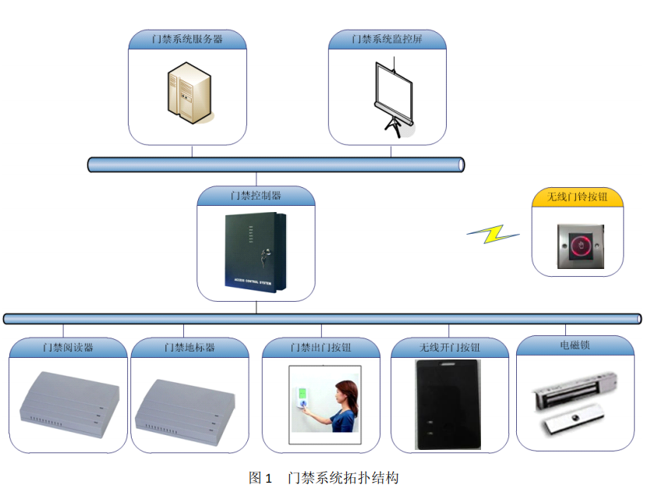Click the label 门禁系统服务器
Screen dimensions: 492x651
coord(187,38)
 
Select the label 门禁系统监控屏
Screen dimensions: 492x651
coord(387,38)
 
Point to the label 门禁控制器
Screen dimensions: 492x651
coord(256,195)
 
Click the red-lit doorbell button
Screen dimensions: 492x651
coord(578,247)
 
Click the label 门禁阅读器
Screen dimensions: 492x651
coord(68,347)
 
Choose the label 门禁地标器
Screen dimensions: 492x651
coord(189,347)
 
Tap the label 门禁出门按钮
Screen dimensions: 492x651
coord(320,347)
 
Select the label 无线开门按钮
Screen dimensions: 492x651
coord(450,347)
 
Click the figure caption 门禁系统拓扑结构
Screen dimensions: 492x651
coord(343,477)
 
